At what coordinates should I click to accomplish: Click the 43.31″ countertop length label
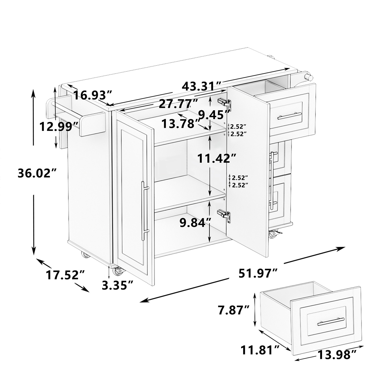[x=202, y=86]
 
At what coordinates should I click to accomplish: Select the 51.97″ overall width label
[x=258, y=273]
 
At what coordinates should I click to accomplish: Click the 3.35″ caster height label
[x=118, y=285]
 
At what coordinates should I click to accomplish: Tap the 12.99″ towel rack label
[x=59, y=127]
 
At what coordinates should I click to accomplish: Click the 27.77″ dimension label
[x=178, y=104]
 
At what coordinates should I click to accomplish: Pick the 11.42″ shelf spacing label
[x=213, y=158]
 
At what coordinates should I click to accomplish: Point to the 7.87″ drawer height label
[x=234, y=310]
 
